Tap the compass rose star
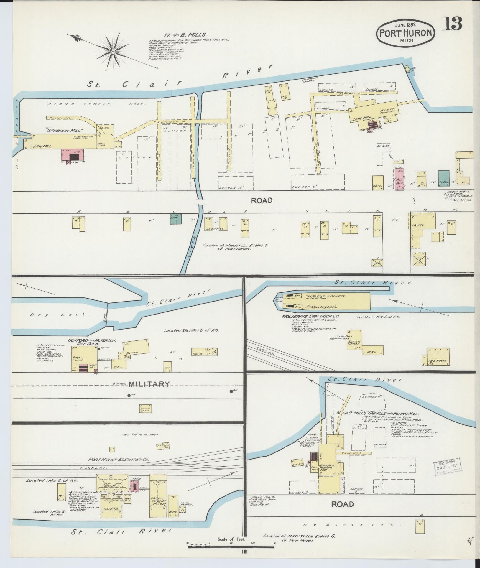[112, 52]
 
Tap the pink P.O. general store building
[400, 179]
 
